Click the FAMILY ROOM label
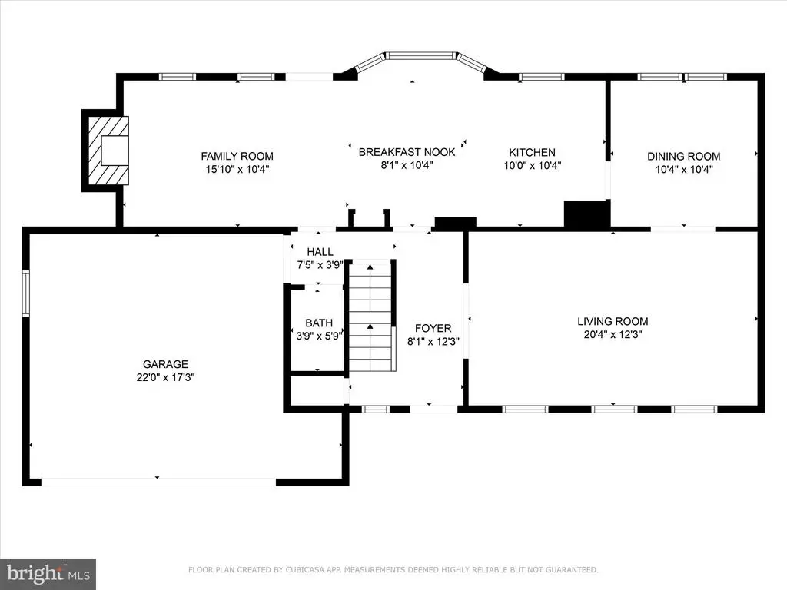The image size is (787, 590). tap(237, 156)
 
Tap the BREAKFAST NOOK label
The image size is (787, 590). tap(407, 152)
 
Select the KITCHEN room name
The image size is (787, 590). tap(532, 153)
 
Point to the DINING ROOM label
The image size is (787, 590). tap(683, 157)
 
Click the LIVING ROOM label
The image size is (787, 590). tap(613, 322)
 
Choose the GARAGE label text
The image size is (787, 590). tap(165, 364)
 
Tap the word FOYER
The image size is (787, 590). tap(433, 329)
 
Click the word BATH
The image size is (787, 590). tap(319, 323)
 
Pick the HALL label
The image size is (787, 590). tap(320, 252)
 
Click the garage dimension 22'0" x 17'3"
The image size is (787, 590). tap(165, 377)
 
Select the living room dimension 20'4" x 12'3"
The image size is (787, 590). tap(613, 335)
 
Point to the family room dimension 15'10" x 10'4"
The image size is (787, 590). tap(237, 169)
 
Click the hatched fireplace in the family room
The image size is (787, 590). tap(108, 151)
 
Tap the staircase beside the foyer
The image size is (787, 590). tap(370, 316)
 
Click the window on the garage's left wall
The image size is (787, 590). tap(25, 293)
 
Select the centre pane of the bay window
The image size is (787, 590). tap(421, 55)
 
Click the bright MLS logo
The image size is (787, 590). tap(48, 573)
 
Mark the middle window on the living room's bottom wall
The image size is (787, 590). tap(614, 409)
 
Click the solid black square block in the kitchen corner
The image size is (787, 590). tap(586, 214)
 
